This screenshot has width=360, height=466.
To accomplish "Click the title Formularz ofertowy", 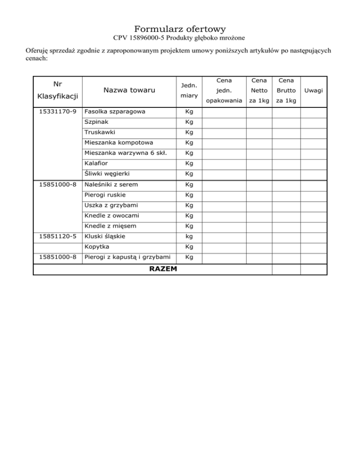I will coord(180,29).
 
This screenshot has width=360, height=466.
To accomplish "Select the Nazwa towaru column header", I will coord(127,90).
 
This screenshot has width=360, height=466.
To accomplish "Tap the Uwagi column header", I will coord(313,90).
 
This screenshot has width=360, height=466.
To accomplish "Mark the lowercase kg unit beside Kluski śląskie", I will coord(189,236).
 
